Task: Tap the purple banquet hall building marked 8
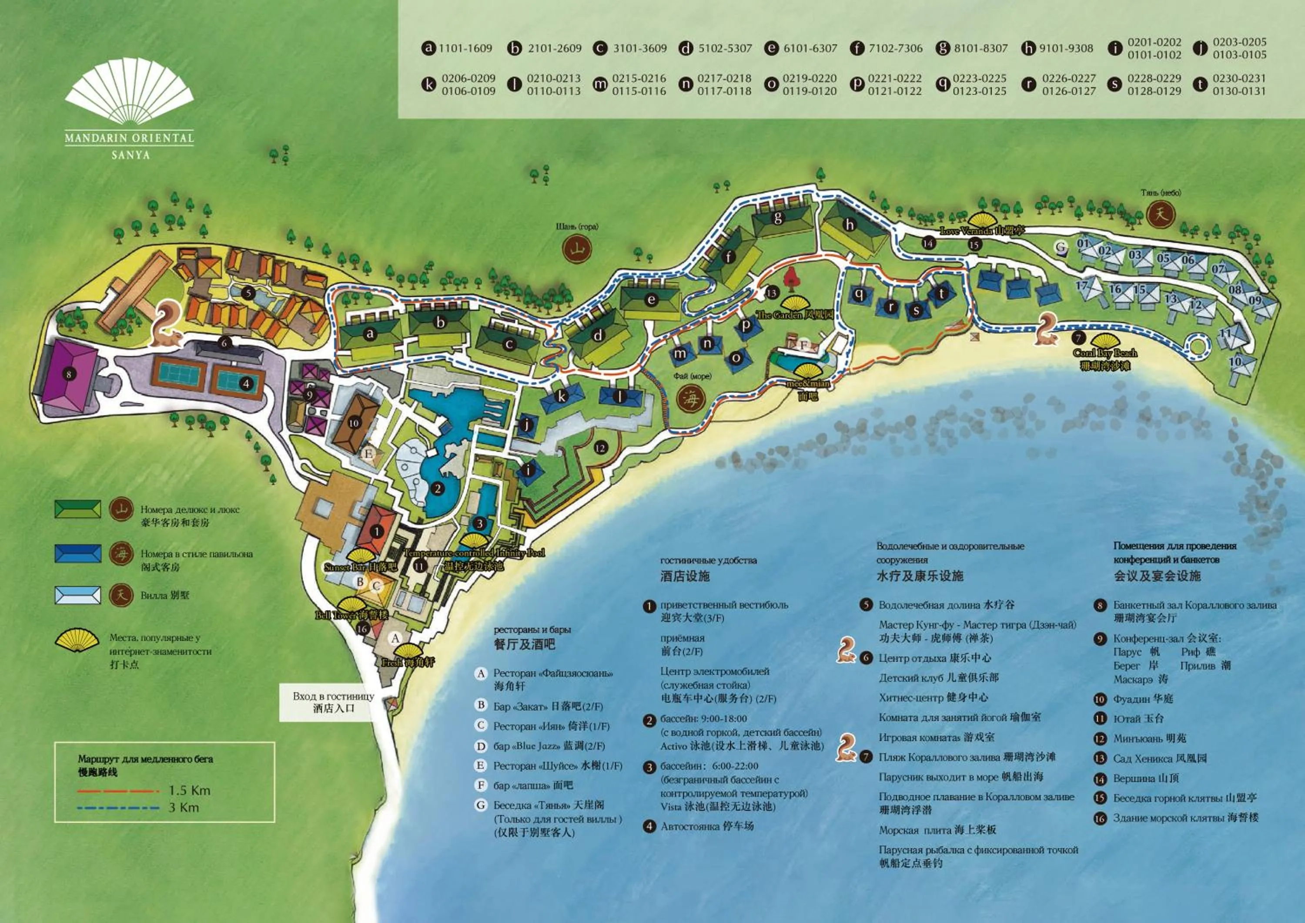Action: coord(69,374)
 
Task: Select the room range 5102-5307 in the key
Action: coord(725,48)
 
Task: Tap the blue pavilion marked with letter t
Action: coord(941,293)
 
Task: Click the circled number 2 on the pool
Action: coord(437,488)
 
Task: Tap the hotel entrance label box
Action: coord(334,702)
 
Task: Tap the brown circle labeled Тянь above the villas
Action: coord(1161,215)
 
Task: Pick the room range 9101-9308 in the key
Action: coord(1066,48)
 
